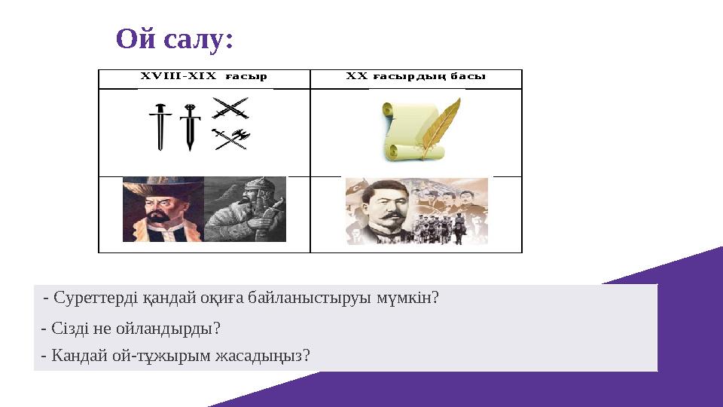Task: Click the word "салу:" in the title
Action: [x=197, y=39]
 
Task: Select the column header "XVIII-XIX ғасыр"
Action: [x=203, y=76]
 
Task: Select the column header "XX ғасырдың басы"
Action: [x=415, y=76]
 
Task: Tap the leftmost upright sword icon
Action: [x=160, y=127]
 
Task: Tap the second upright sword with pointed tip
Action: [x=189, y=127]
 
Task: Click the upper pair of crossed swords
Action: [x=230, y=110]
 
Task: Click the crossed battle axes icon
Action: [x=230, y=139]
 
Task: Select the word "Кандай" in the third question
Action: [x=74, y=354]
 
